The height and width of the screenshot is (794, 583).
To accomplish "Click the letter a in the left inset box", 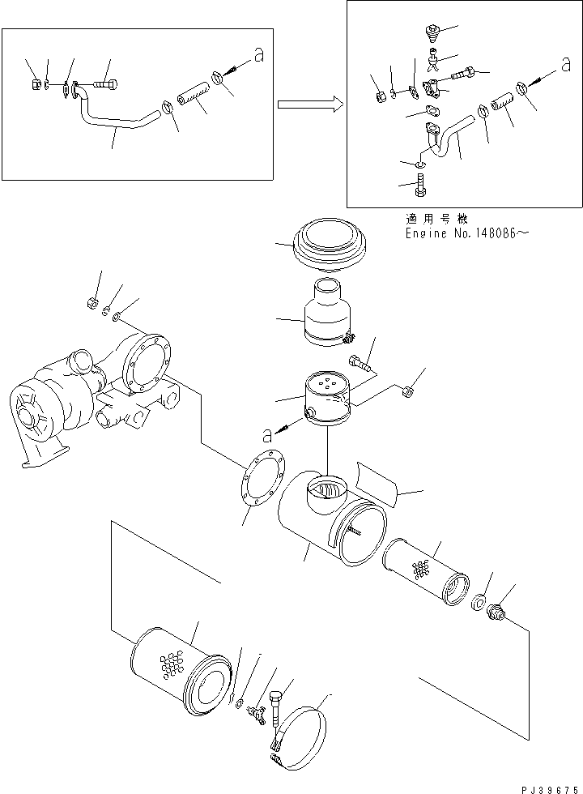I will point(258,56).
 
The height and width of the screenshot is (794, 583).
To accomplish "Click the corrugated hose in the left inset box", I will point(193,96).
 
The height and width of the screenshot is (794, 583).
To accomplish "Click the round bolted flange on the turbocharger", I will point(148,365).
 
